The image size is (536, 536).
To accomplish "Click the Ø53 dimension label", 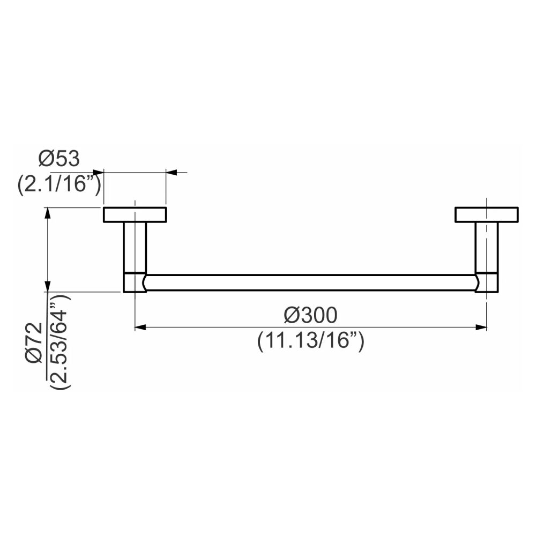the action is click(x=59, y=159).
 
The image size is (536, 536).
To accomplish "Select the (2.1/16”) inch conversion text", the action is click(x=59, y=185).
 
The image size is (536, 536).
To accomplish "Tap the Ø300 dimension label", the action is click(x=310, y=315).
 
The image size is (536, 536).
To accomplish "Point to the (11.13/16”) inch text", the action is click(x=311, y=341).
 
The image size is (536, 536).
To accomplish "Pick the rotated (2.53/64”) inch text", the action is click(x=60, y=341).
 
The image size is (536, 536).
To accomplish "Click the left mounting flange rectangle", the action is click(x=135, y=215).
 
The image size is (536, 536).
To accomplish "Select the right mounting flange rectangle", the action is click(x=487, y=214).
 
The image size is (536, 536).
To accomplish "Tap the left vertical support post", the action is click(x=135, y=248).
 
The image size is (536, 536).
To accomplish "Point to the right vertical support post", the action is click(x=487, y=248).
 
